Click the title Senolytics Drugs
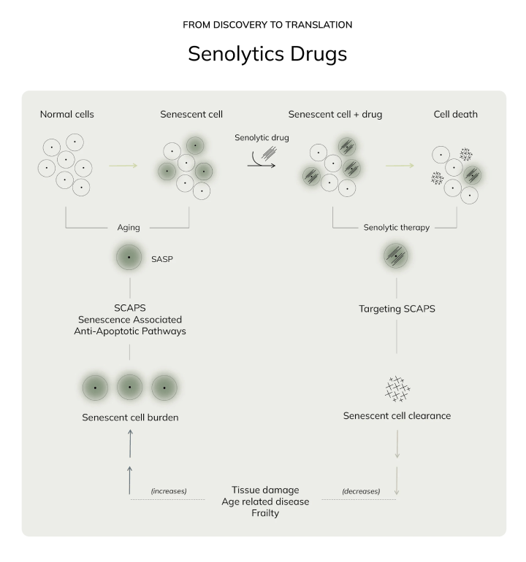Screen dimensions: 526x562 [267, 54]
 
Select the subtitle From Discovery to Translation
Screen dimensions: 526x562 [267, 25]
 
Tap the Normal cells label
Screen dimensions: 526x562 [67, 115]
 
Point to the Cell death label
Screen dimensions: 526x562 [456, 115]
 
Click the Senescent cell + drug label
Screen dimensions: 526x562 [335, 115]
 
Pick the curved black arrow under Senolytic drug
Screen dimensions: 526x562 [262, 161]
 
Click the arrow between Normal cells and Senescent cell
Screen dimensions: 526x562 [123, 166]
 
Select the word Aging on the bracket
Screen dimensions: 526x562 [129, 228]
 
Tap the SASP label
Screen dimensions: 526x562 [162, 259]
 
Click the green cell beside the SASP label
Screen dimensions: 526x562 [129, 258]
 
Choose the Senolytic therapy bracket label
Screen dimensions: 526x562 [397, 228]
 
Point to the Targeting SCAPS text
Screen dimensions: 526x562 [397, 309]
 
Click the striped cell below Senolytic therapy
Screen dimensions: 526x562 [396, 256]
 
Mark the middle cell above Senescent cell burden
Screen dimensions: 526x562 [130, 388]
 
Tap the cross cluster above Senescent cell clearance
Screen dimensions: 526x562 [397, 389]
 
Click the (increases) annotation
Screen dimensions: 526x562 [169, 491]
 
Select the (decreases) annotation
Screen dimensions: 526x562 [361, 491]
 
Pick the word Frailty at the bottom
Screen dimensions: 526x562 [265, 513]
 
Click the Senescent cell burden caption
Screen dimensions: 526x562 [130, 417]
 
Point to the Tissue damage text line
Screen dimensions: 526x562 [265, 490]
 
